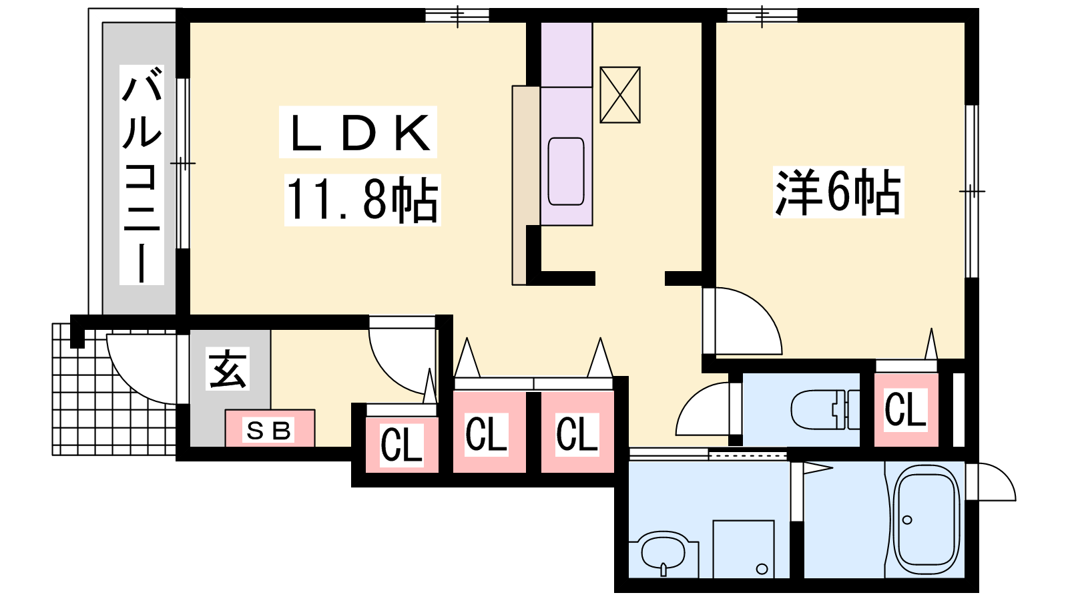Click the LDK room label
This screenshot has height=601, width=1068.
358,133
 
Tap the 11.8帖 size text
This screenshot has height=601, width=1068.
362,199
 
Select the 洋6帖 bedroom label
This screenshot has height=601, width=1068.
838,192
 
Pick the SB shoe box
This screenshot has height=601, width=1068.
269,429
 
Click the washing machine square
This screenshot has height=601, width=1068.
743,549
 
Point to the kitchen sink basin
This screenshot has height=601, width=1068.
566,171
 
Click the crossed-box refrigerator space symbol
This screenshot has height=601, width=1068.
620,95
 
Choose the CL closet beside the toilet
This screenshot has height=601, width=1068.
905,409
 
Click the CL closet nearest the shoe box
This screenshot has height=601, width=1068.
401,443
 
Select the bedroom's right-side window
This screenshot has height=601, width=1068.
972,192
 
